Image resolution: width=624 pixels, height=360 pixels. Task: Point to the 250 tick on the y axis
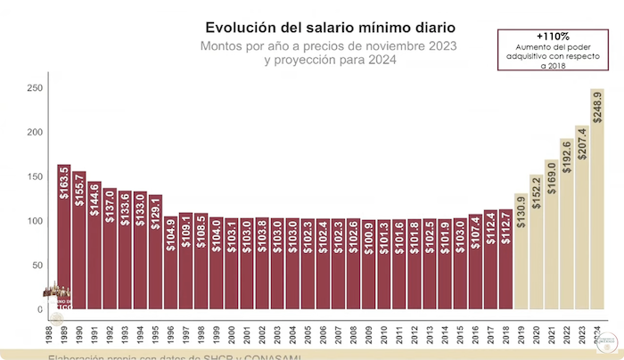tap(34, 88)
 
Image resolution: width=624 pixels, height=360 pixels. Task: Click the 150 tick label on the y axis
tap(34, 176)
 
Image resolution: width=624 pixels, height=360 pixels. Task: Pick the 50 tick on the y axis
tap(37, 265)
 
